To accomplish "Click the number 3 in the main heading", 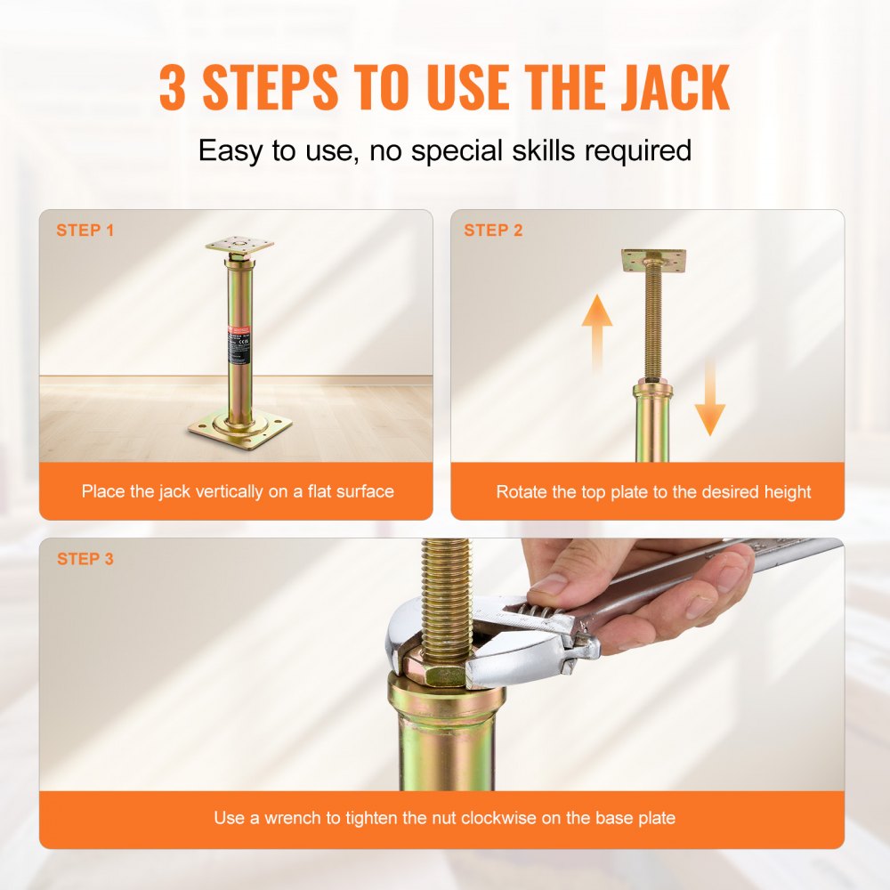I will point(176,86).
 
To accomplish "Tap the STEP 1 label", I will point(85,231).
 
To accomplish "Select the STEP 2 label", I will point(493,231).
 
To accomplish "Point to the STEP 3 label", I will point(85,560).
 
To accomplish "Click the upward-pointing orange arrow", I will point(597,330).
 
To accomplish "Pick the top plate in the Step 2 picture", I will point(654,260).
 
